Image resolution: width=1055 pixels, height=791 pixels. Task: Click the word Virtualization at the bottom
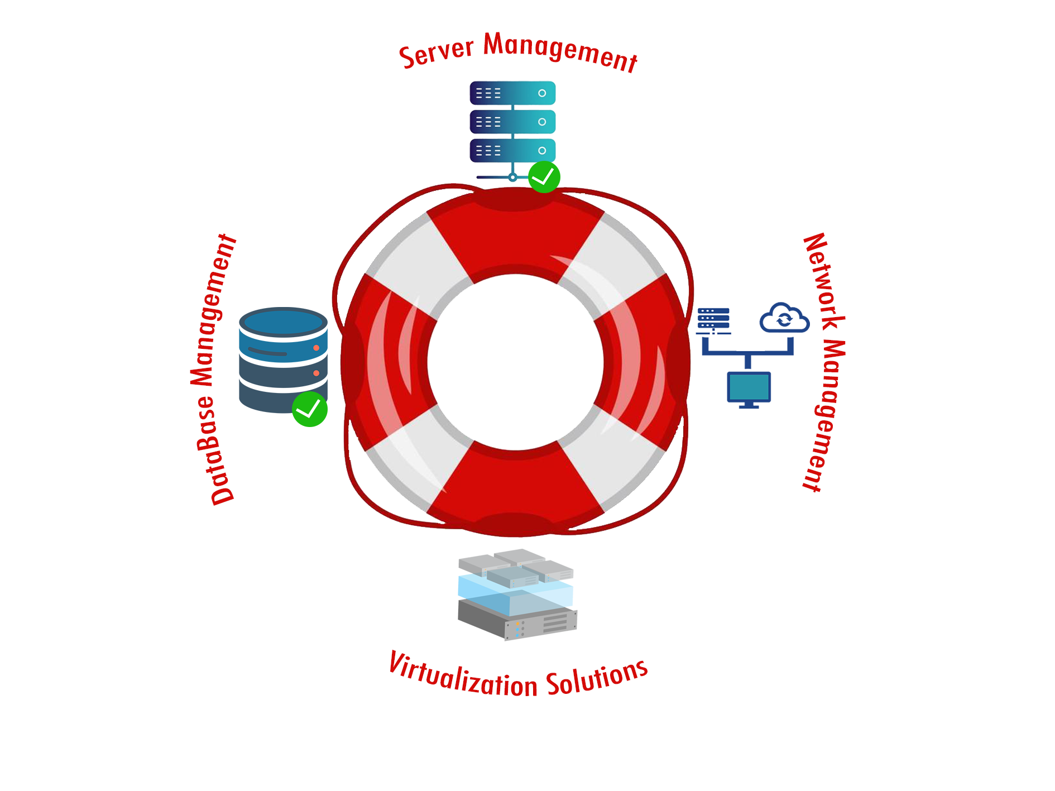tap(463, 676)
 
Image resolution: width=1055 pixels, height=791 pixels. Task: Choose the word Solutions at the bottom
tap(597, 677)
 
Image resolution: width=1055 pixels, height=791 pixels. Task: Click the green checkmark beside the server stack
tap(544, 177)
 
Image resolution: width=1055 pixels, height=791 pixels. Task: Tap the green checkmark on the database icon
tap(310, 409)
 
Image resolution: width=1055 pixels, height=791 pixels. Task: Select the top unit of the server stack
tap(512, 93)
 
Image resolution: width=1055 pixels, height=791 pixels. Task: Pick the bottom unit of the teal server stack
tap(512, 151)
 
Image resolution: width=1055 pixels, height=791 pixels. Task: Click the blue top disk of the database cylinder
tap(283, 322)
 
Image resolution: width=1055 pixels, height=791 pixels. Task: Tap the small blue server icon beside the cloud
tap(713, 318)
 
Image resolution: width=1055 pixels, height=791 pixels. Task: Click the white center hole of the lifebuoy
tap(515, 362)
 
